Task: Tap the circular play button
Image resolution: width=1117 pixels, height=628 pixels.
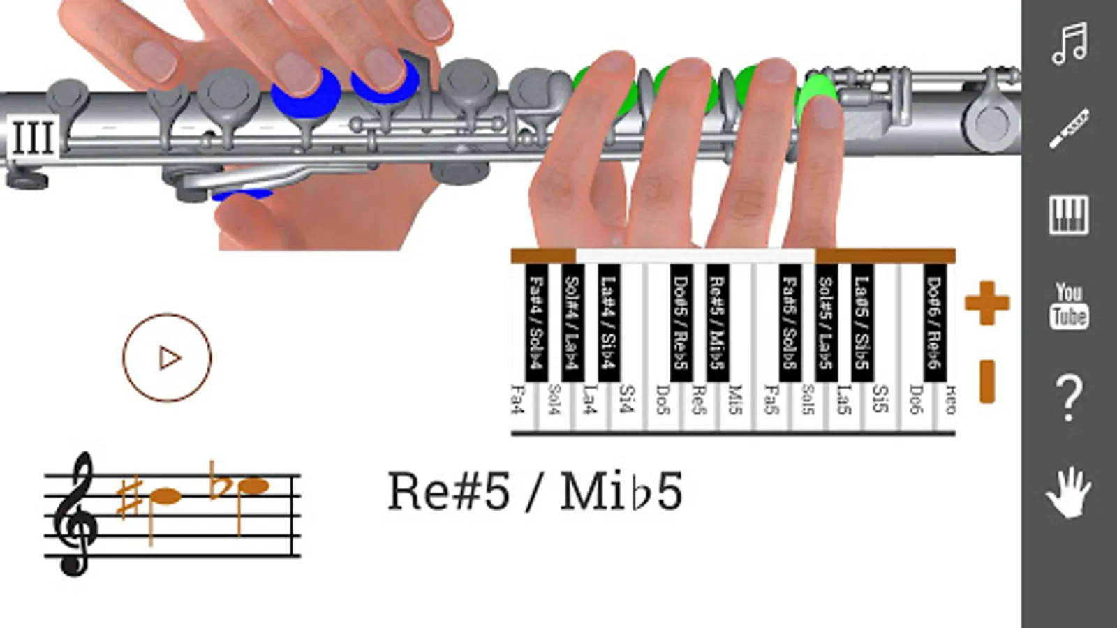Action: tap(167, 358)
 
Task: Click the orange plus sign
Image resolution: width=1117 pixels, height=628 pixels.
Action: tap(986, 303)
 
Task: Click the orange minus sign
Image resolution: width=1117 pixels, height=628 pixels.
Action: tap(986, 382)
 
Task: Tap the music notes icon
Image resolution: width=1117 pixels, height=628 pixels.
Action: tap(1069, 43)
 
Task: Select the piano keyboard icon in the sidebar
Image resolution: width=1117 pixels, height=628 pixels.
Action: tap(1069, 214)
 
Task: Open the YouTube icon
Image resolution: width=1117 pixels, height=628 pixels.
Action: tap(1069, 306)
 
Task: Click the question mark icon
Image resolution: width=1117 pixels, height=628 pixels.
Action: tap(1069, 398)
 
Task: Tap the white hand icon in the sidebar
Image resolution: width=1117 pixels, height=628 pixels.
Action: tap(1069, 492)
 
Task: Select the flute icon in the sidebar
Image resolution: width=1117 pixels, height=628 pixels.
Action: tap(1069, 128)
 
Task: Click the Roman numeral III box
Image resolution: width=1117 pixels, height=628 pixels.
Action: tap(32, 136)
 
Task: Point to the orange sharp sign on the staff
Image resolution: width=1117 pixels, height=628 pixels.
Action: tap(130, 497)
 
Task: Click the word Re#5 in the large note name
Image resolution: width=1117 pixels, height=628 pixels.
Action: tap(448, 491)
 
